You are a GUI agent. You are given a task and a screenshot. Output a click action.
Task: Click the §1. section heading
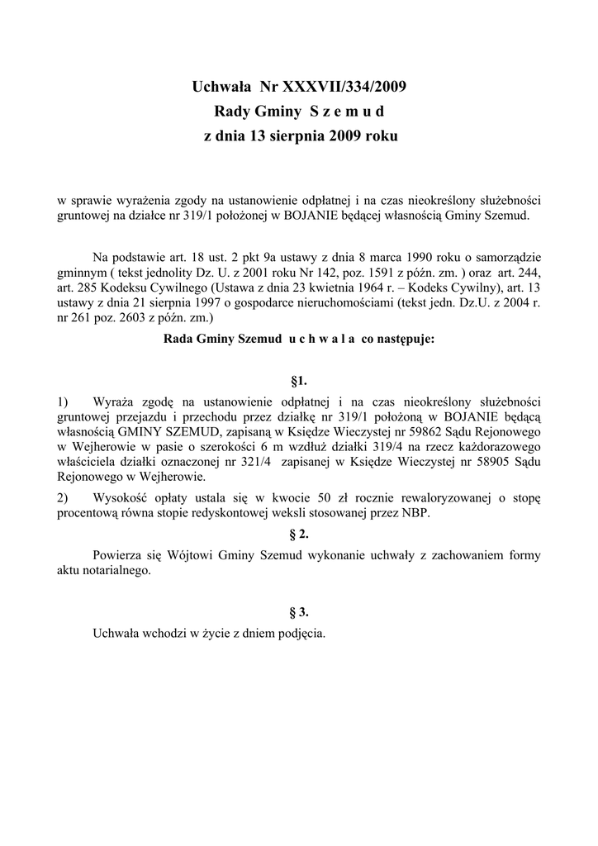click(299, 381)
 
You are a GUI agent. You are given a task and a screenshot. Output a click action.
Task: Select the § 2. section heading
click(299, 534)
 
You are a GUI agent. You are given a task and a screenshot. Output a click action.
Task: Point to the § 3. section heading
click(299, 612)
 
